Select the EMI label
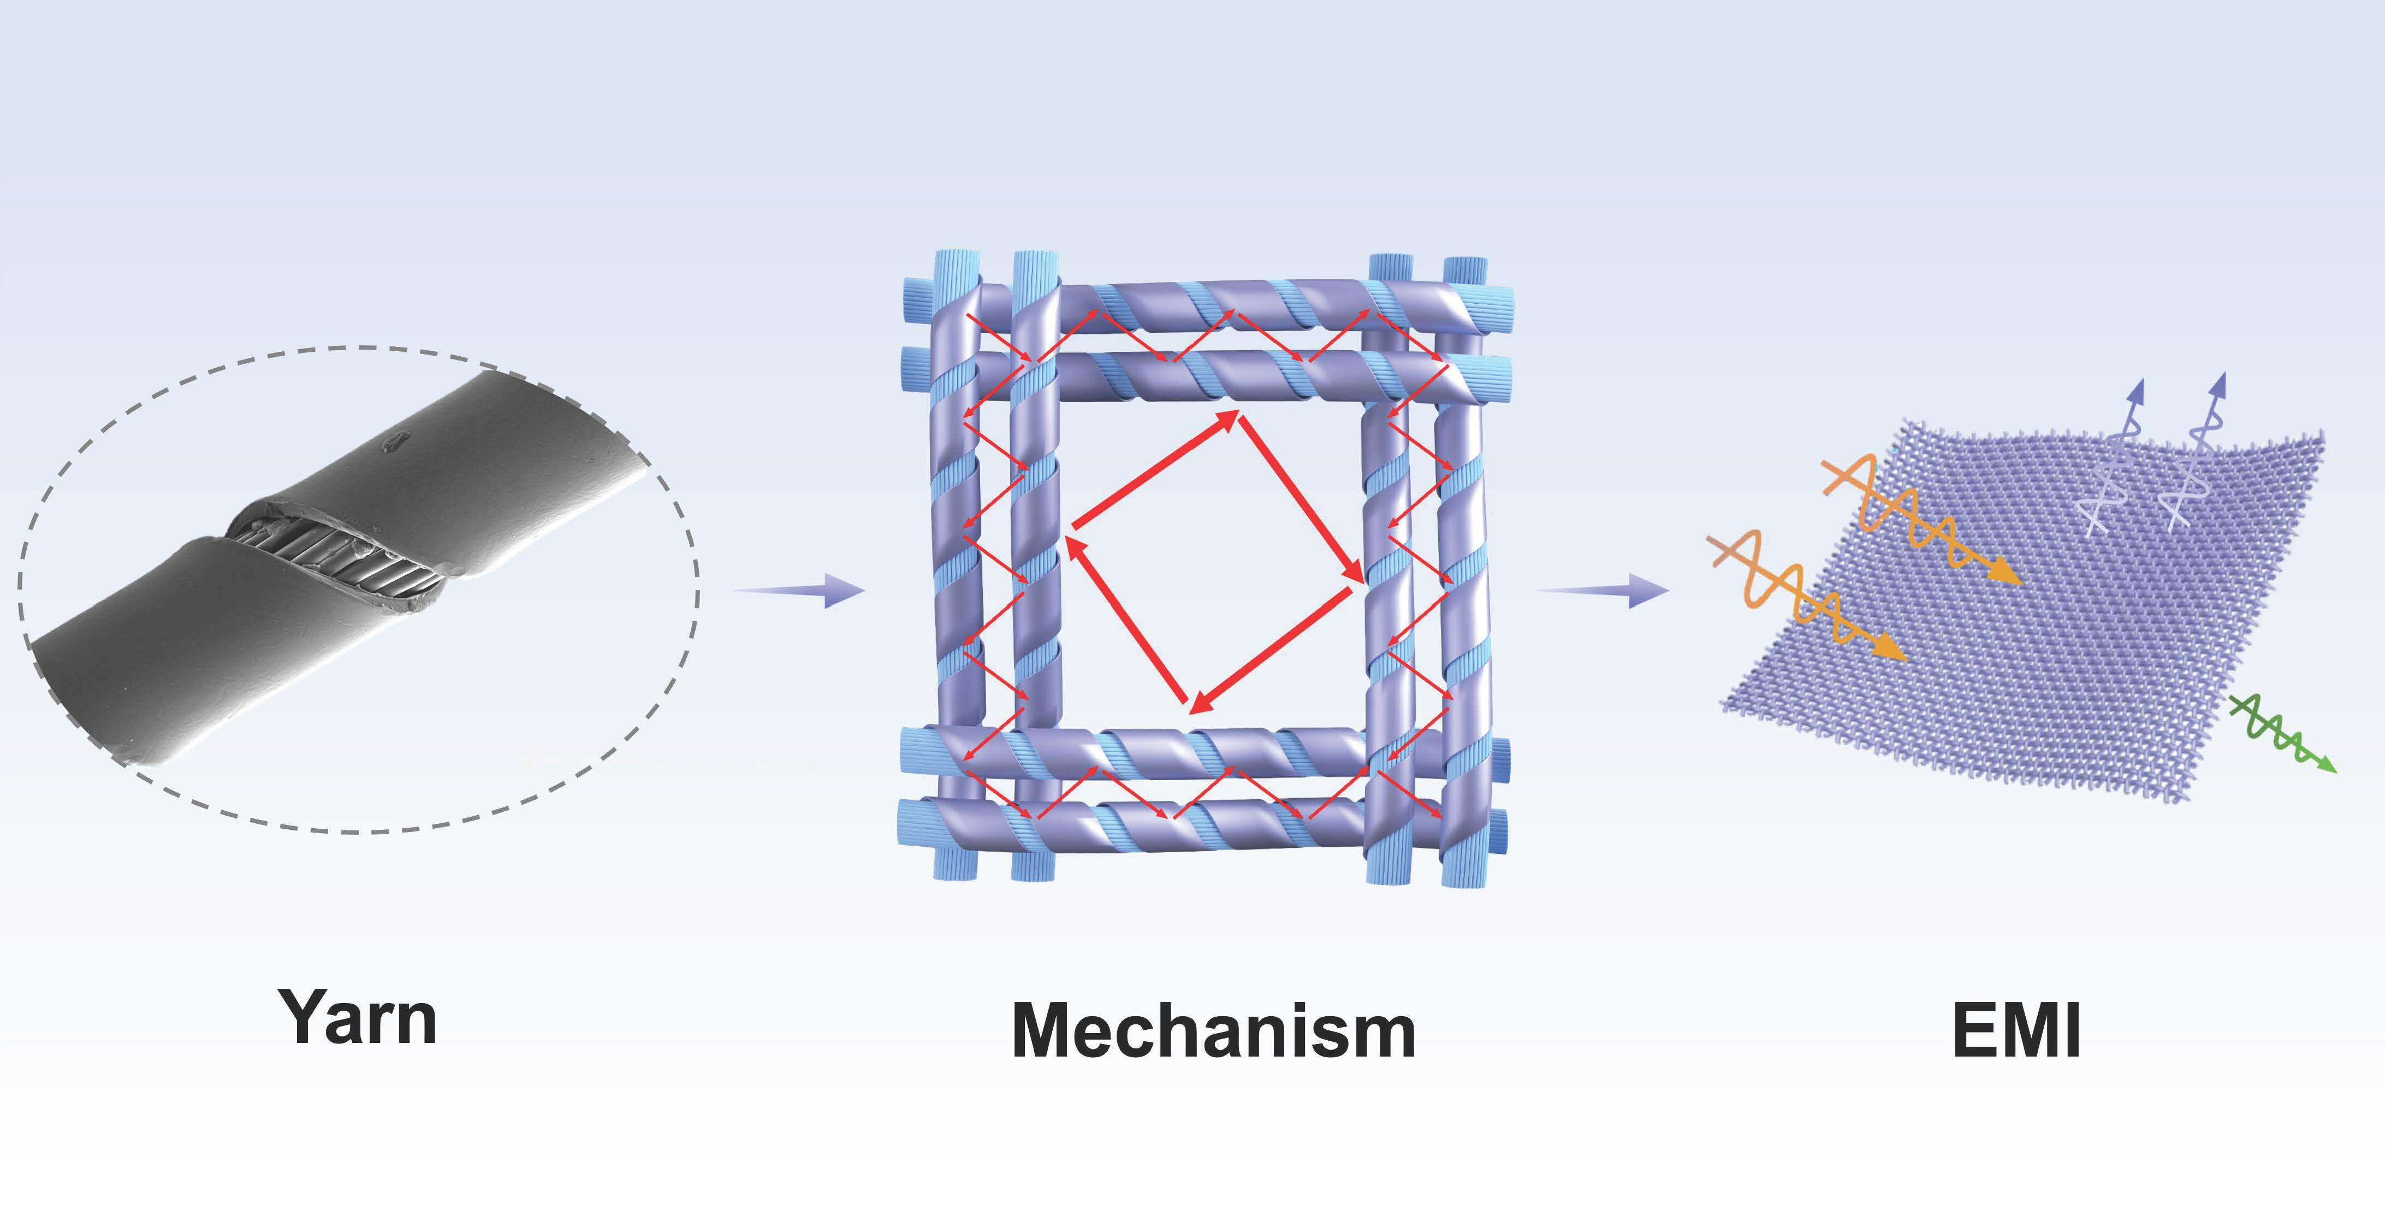click(x=2016, y=1031)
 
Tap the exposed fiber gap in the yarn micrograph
click(x=338, y=556)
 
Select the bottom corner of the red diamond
click(x=1192, y=711)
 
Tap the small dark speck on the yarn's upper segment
click(x=394, y=443)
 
